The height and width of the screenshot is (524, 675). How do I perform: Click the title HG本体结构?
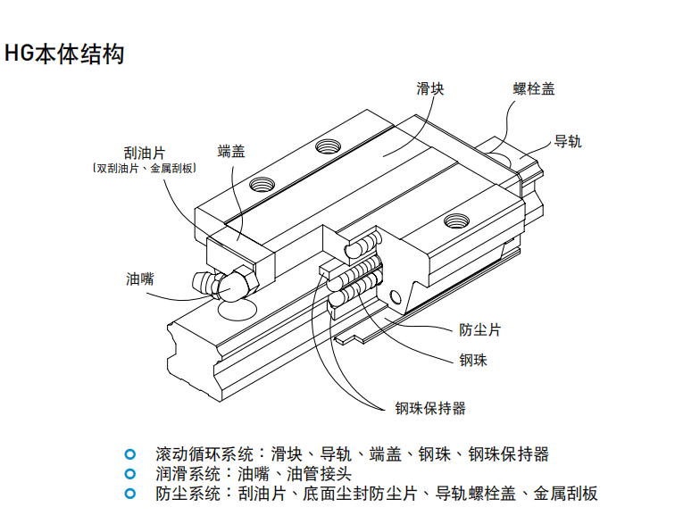63,54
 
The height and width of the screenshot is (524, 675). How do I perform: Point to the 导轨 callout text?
568,141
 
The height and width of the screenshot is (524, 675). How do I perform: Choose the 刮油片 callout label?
145,153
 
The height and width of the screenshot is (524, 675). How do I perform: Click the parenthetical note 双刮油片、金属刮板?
145,168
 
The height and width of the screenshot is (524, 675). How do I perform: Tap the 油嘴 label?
139,279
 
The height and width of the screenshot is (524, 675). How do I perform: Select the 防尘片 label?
479,330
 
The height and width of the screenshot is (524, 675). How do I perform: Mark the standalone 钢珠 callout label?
472,361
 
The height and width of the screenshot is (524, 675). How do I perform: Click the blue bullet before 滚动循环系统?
130,453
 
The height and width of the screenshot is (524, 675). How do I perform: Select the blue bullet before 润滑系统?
130,473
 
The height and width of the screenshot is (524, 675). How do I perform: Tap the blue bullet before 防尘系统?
130,494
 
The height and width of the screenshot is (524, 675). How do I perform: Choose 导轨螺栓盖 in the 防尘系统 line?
467,495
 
